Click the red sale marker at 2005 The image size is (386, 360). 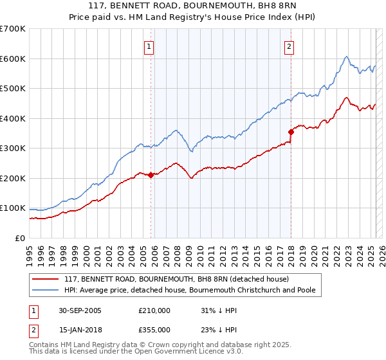[151, 175]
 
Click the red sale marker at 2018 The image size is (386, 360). [291, 132]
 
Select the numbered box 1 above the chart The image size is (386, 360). [149, 46]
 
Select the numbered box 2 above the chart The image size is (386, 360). [289, 46]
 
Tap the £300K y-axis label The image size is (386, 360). [12, 148]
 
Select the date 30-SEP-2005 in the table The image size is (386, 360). [80, 310]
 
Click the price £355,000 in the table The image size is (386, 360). [154, 330]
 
